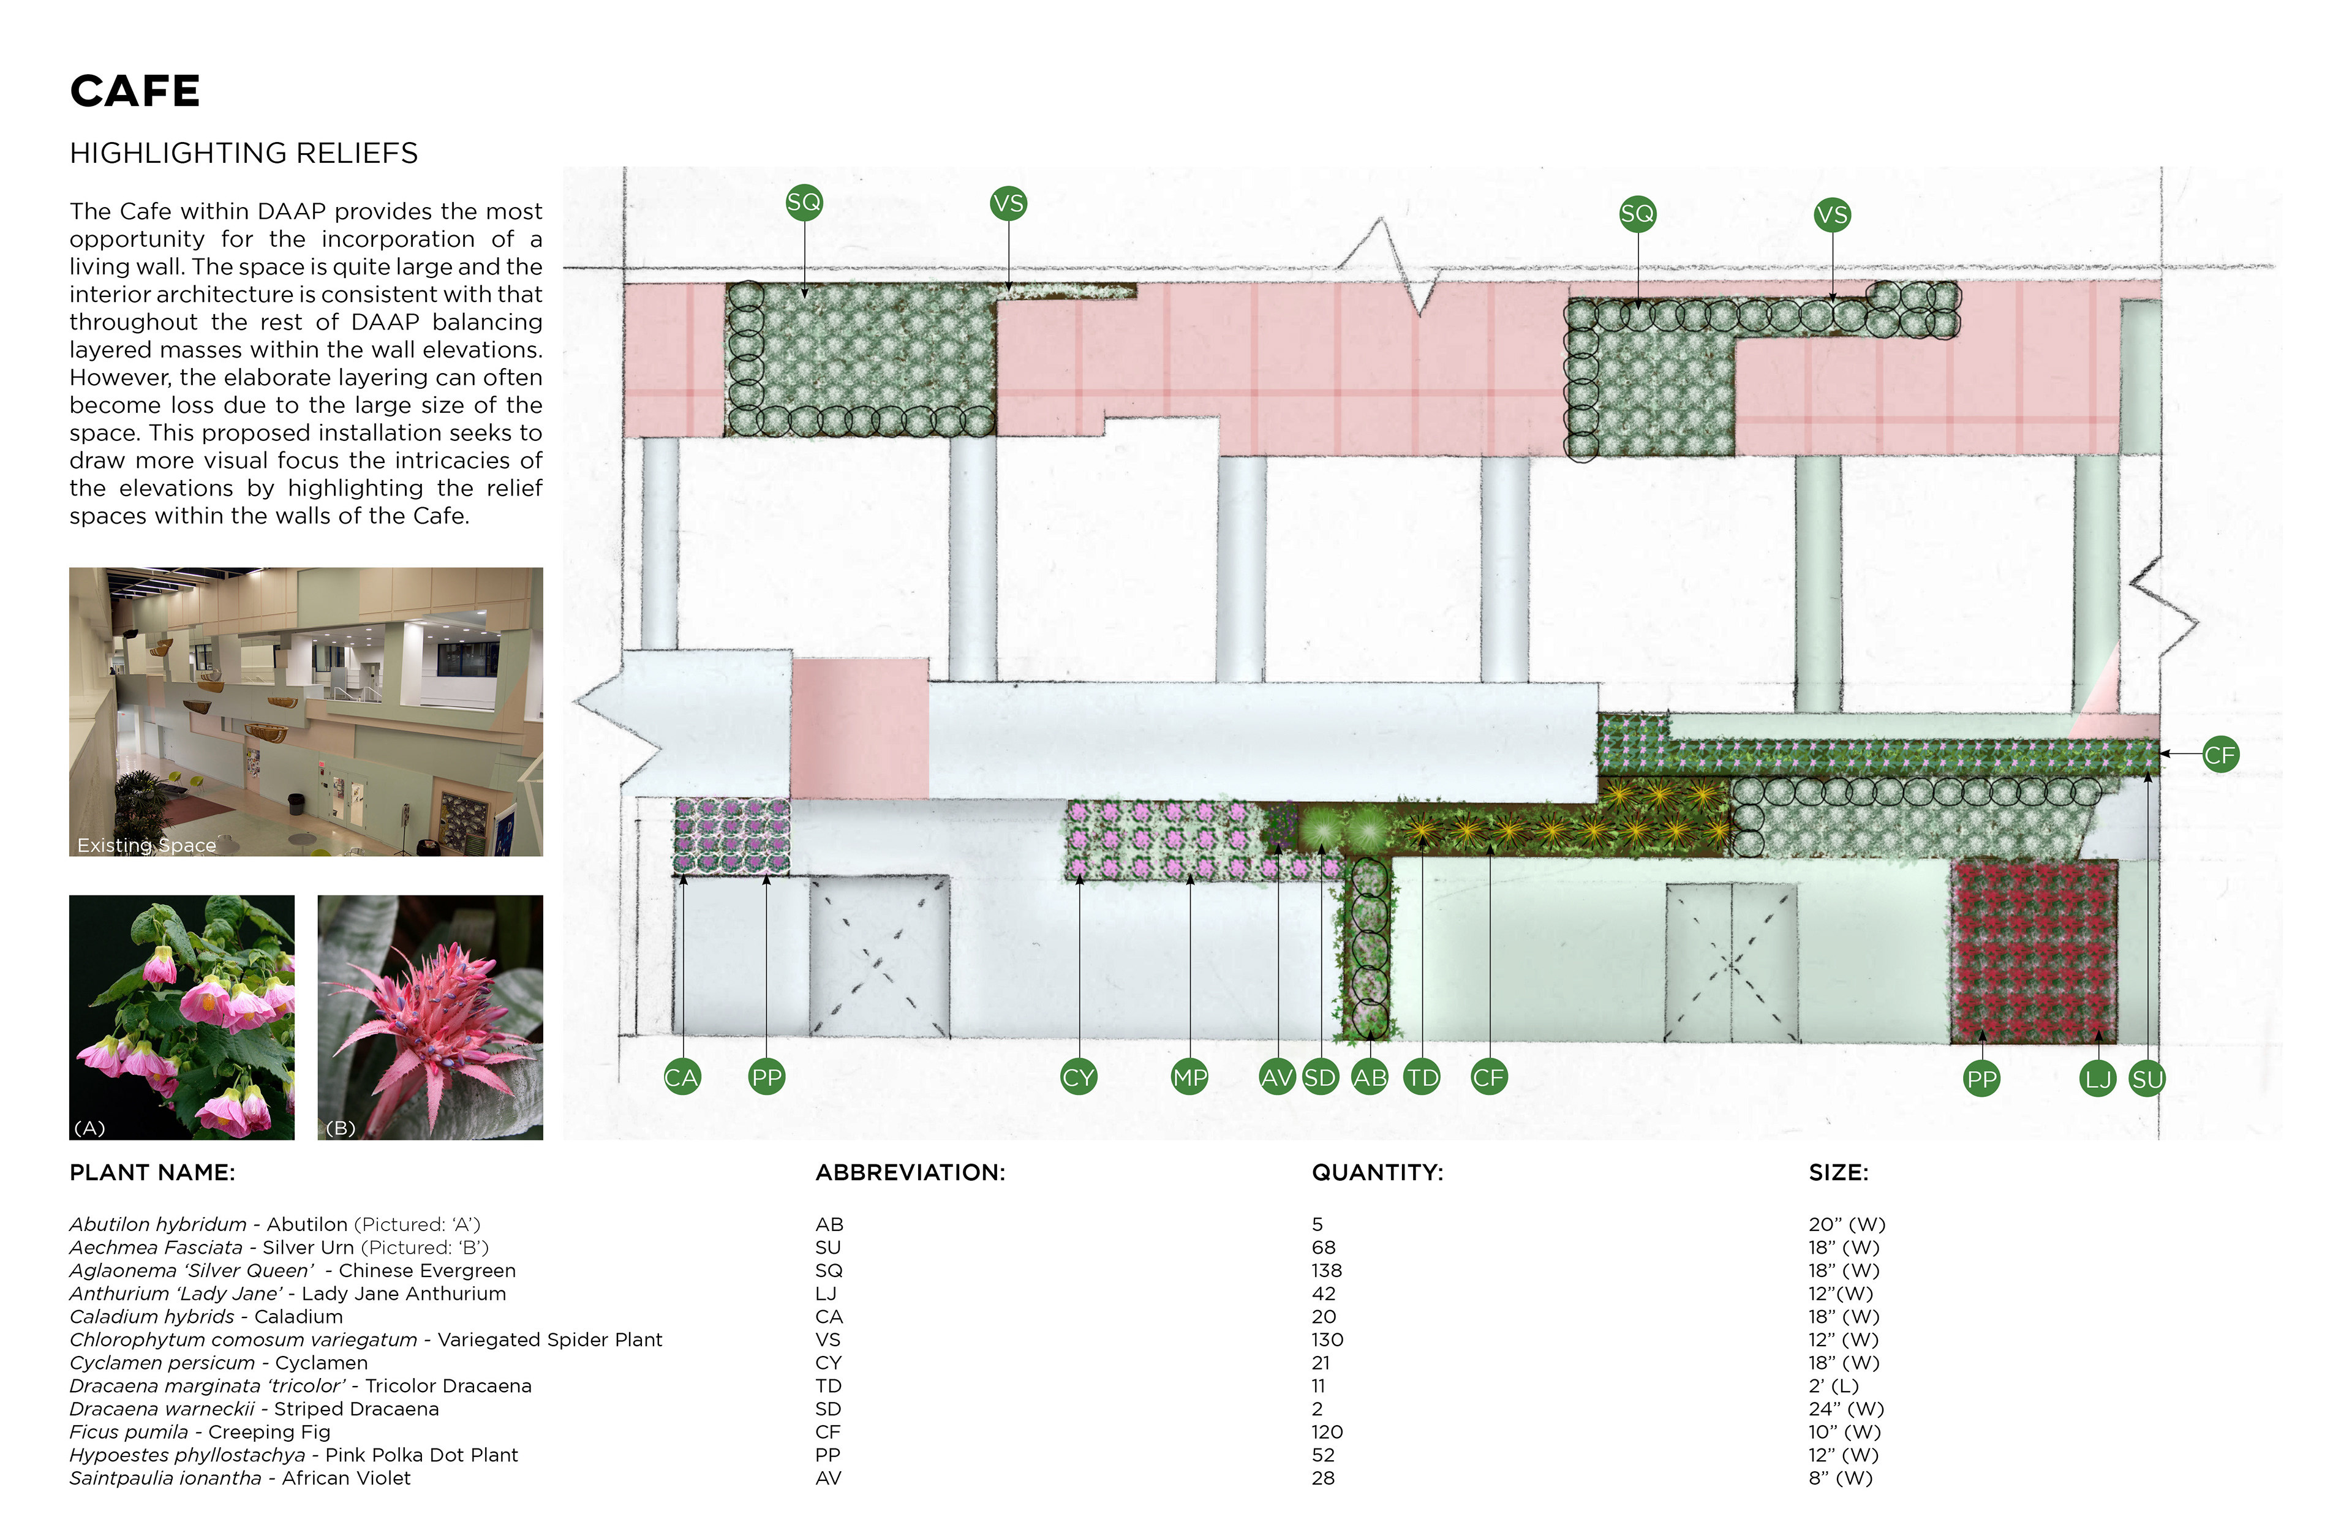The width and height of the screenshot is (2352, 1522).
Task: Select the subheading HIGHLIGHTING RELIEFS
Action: [243, 153]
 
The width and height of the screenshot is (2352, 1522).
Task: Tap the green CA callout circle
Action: [681, 1077]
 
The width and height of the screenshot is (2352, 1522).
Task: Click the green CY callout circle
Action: [1078, 1077]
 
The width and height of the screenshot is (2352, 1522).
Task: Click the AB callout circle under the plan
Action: [1370, 1077]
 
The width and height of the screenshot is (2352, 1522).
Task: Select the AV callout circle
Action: [1277, 1077]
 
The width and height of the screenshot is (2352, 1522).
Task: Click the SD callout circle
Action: [1321, 1077]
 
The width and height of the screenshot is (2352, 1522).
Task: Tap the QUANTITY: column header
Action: [1377, 1173]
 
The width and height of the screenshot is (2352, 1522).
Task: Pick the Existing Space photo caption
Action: [146, 845]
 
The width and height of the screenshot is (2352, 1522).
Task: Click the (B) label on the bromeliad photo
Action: [340, 1128]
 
